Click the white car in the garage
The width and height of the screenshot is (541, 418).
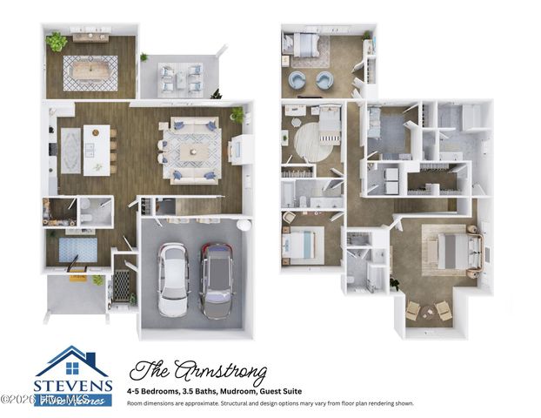[171, 279]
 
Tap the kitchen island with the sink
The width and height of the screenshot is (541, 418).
[97, 148]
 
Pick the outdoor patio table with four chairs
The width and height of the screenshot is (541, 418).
[180, 79]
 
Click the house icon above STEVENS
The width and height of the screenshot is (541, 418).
[73, 361]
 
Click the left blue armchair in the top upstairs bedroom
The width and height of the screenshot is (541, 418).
[297, 81]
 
